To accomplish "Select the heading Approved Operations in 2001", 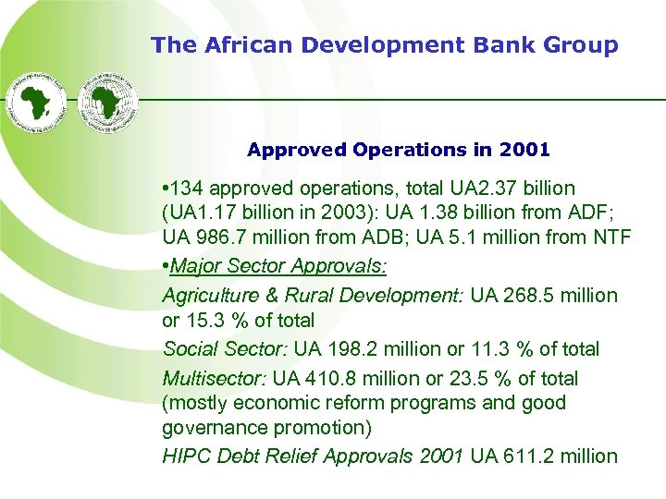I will [x=399, y=149].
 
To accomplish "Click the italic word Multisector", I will [x=215, y=378].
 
